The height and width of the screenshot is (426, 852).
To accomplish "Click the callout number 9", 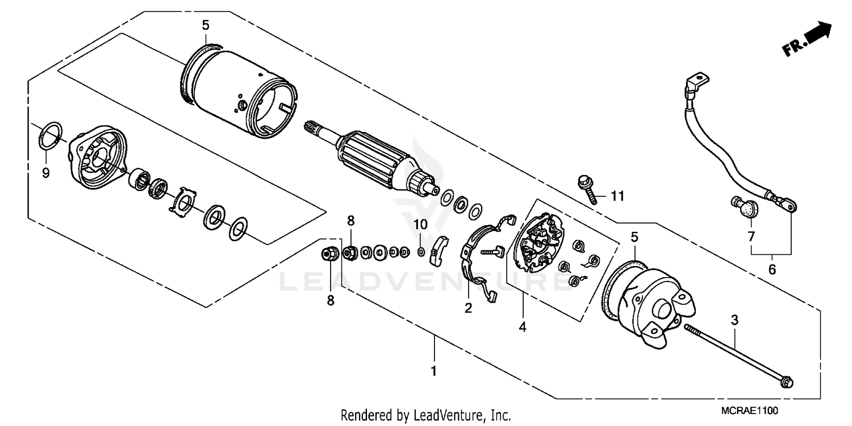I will tap(46, 172).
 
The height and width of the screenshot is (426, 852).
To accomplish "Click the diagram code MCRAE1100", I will tap(751, 410).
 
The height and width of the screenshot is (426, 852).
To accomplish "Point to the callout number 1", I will tap(435, 371).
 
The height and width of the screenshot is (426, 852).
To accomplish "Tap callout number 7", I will tap(750, 235).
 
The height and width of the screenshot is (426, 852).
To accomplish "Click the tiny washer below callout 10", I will tap(420, 251).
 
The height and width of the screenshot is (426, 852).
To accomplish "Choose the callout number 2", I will tap(468, 308).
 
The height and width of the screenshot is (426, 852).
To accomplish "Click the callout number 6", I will tap(771, 270).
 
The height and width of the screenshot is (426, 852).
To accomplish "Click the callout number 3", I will tap(734, 320).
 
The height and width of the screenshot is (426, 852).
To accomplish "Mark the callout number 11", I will tap(617, 196).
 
